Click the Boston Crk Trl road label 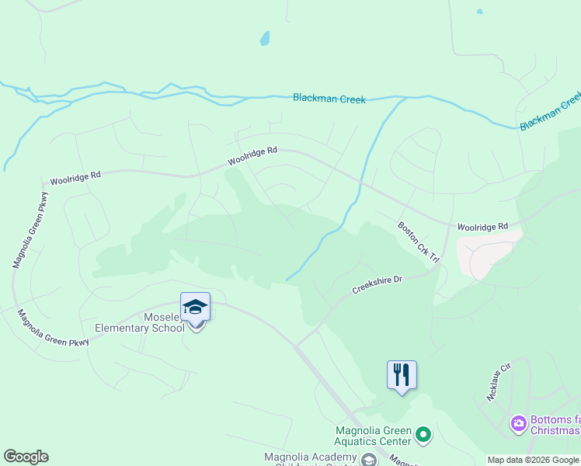(419, 242)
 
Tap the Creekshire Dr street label (377, 284)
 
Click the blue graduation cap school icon (195, 308)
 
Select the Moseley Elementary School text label (140, 322)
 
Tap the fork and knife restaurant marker (402, 376)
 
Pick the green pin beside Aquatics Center (423, 433)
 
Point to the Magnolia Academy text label (310, 457)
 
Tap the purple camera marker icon (517, 424)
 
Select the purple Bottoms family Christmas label (555, 425)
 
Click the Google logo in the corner (26, 457)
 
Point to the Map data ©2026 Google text (533, 460)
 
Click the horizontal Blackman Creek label (329, 99)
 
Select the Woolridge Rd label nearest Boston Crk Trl (482, 226)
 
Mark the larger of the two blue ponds (265, 38)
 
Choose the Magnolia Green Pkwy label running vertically (28, 231)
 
